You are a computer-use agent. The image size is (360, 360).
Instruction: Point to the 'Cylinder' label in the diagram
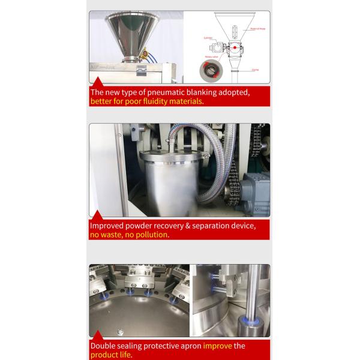tap(209, 37)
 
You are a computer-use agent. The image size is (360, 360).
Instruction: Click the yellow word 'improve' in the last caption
tap(218, 346)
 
